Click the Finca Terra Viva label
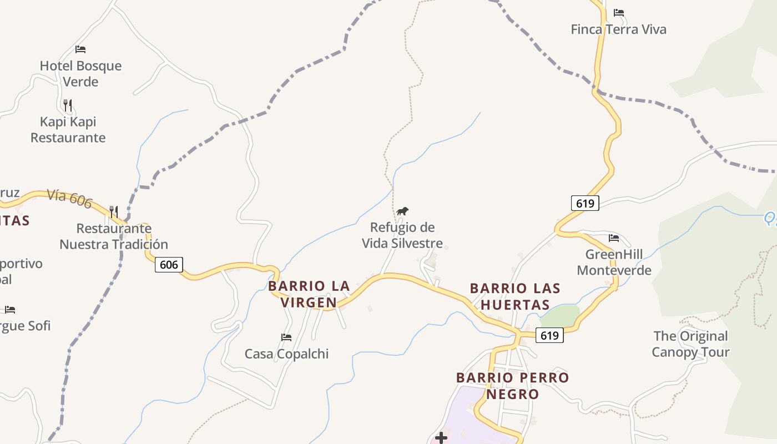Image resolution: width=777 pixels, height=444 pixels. [x=618, y=29]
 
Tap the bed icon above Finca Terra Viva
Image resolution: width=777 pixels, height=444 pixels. [x=619, y=13]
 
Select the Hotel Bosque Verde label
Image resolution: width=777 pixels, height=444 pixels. [x=80, y=73]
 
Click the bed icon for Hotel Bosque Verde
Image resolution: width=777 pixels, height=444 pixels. [x=80, y=49]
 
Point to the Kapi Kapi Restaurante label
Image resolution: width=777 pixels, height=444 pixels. [x=68, y=129]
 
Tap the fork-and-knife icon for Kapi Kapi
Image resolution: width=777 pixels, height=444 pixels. [x=68, y=105]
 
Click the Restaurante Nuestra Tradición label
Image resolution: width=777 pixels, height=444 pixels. [x=114, y=236]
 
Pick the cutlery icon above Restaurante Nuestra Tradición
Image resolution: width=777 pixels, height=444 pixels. [x=114, y=211]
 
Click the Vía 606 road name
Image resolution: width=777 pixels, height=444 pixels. [x=69, y=198]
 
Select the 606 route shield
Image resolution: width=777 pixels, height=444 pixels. [x=169, y=265]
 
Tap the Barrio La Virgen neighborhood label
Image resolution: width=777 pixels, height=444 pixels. [x=309, y=294]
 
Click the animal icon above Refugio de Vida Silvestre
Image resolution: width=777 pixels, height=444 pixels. [x=402, y=211]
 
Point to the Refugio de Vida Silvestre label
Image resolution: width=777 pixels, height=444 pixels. [x=402, y=235]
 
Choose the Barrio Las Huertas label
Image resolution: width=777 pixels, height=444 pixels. [x=515, y=296]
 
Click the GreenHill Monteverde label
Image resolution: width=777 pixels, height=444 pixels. [x=614, y=263]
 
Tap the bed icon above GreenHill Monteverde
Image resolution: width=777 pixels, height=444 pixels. [x=614, y=238]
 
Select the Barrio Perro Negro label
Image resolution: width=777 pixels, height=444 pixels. [x=513, y=386]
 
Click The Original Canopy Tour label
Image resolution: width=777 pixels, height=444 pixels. [x=690, y=344]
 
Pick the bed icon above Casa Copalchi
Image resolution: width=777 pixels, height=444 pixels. [x=286, y=337]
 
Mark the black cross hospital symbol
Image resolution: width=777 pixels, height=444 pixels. [x=441, y=438]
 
